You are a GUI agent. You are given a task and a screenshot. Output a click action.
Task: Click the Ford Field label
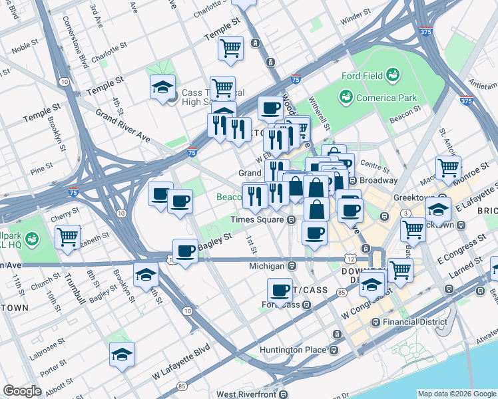(x=363, y=76)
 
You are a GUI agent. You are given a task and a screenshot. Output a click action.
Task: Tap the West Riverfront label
(x=246, y=394)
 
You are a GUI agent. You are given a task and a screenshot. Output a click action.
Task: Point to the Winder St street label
(x=356, y=21)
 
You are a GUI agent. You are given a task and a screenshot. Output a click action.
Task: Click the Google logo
(x=22, y=391)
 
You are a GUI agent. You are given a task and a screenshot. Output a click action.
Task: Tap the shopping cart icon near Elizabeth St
(x=67, y=236)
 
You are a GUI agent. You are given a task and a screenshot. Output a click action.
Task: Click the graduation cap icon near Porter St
(x=122, y=354)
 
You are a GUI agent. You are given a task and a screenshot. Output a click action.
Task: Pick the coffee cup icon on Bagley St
(x=185, y=251)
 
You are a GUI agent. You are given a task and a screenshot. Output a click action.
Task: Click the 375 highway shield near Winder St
(x=425, y=31)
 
